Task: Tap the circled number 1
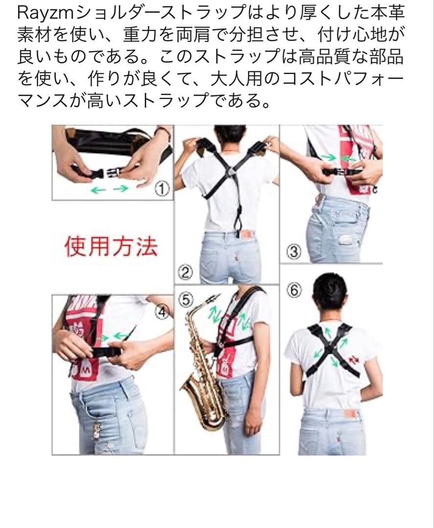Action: [x=162, y=189]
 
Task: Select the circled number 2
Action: [x=185, y=272]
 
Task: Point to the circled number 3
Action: [x=294, y=252]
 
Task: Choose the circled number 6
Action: [x=294, y=290]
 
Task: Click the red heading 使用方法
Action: [x=111, y=247]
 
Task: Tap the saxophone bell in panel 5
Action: [x=202, y=411]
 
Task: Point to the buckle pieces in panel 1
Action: [x=100, y=172]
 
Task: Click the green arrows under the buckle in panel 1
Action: [x=110, y=190]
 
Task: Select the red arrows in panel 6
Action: [x=354, y=360]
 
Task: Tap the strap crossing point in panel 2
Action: [x=230, y=173]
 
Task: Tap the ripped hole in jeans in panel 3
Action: [x=346, y=240]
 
